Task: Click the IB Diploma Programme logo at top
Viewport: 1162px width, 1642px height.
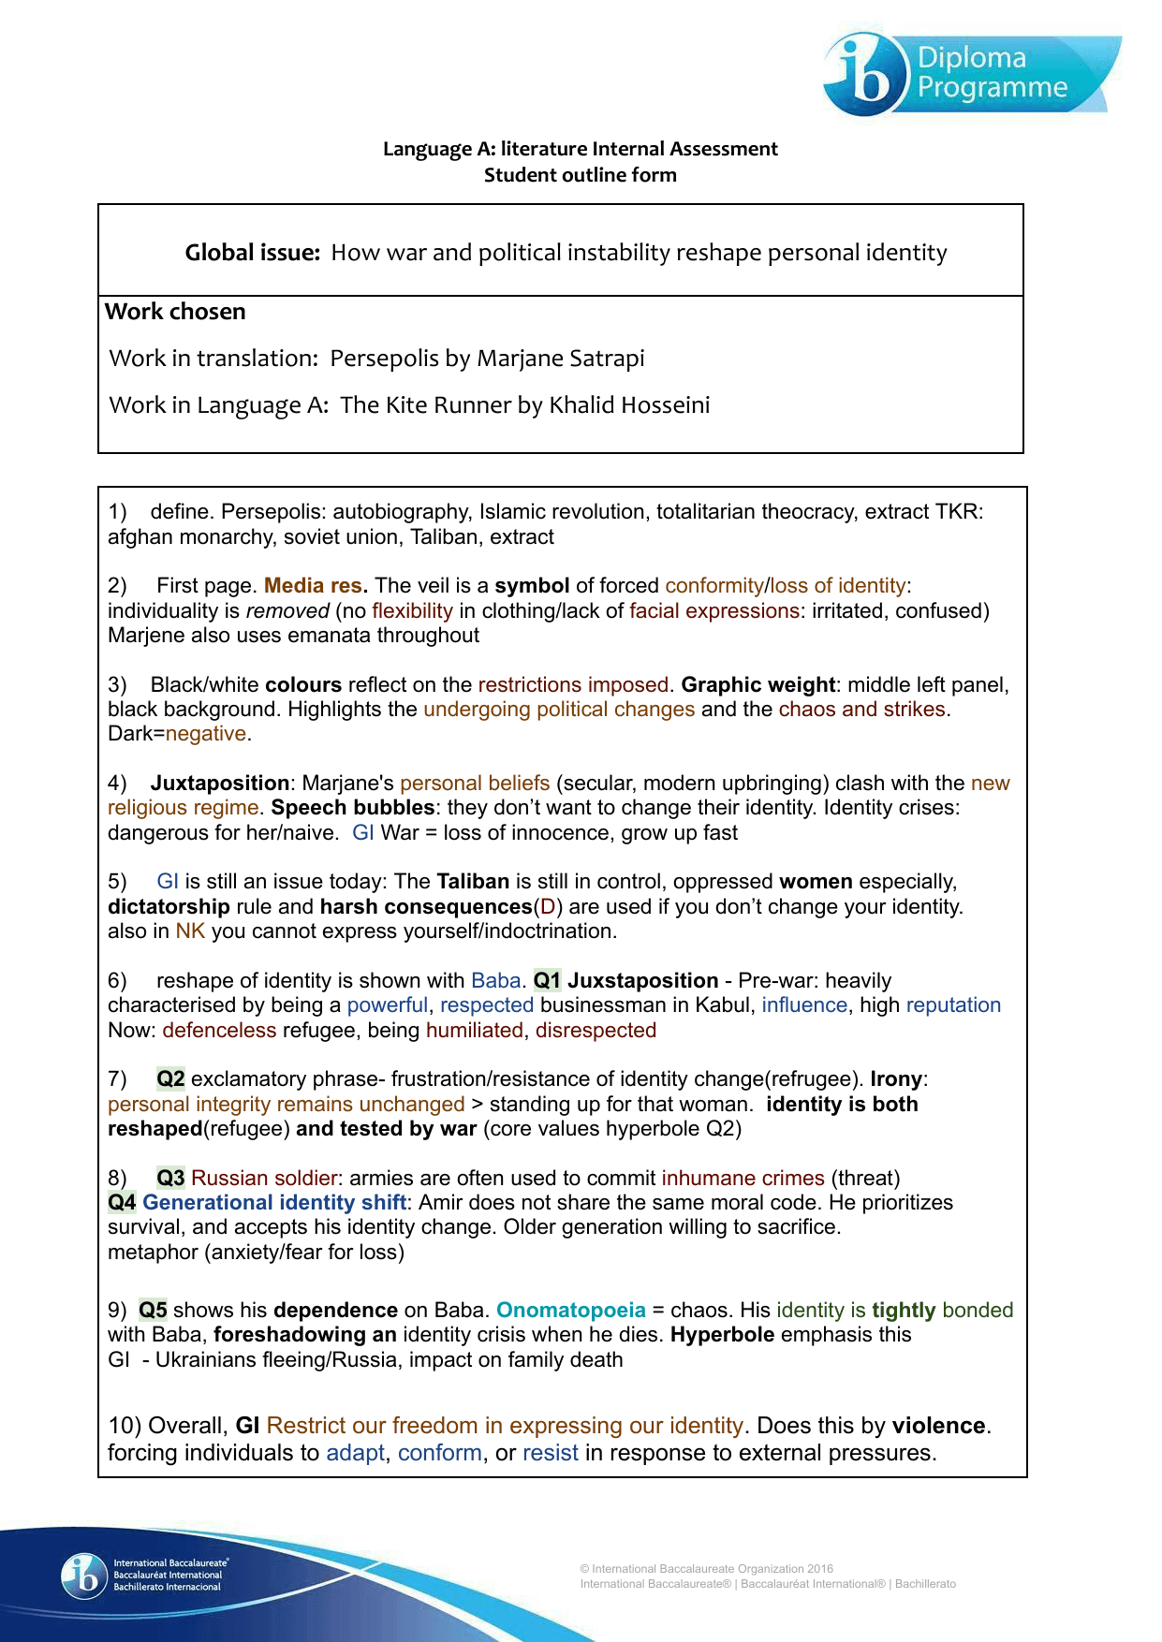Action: point(970,74)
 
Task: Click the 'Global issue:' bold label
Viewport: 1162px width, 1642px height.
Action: point(252,253)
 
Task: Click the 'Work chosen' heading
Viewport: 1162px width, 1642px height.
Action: point(175,312)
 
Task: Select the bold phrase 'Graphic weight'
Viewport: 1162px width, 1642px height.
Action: point(758,685)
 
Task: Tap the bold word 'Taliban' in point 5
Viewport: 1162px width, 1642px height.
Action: point(473,882)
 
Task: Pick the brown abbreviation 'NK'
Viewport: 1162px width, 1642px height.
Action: point(190,931)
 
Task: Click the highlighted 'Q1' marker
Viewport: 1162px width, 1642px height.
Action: point(547,981)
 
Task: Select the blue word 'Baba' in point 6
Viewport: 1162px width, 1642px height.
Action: point(495,981)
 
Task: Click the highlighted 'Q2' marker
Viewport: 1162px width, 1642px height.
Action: point(170,1079)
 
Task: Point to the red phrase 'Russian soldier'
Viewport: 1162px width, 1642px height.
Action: point(264,1179)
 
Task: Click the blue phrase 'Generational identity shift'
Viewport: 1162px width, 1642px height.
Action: point(274,1203)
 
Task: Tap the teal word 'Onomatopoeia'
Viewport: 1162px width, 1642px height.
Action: point(571,1311)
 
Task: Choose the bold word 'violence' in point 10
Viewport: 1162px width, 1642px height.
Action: point(938,1426)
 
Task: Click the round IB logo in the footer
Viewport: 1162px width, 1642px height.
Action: point(84,1576)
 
